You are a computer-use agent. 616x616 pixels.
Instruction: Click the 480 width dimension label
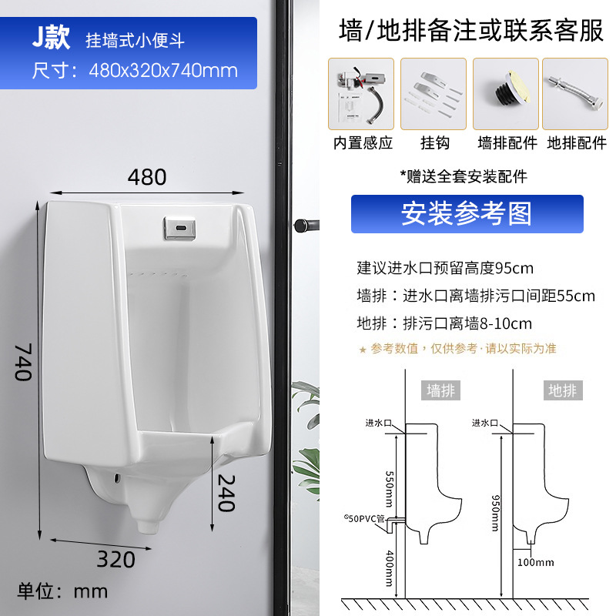[x=147, y=177]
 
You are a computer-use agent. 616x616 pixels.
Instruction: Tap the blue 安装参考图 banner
[x=467, y=214]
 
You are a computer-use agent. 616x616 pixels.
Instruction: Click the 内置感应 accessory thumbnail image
[x=361, y=94]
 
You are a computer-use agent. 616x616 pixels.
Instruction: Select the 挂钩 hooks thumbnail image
[x=434, y=94]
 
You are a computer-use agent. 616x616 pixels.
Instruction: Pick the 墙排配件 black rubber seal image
[x=506, y=94]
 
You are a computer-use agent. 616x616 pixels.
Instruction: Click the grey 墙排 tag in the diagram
[x=442, y=390]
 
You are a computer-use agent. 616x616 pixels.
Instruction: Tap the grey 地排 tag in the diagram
[x=562, y=390]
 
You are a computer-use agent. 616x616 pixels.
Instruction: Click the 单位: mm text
[x=63, y=591]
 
